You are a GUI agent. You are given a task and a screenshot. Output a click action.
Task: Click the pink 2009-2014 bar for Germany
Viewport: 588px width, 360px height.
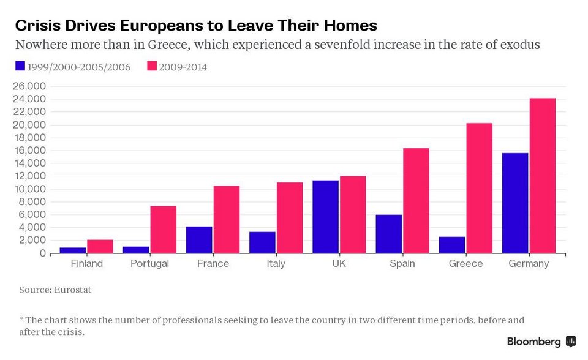pyautogui.click(x=542, y=176)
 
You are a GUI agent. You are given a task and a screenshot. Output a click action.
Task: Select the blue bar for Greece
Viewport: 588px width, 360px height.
pyautogui.click(x=452, y=245)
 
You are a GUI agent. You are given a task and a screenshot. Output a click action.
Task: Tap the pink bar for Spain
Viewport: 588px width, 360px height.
pyautogui.click(x=416, y=200)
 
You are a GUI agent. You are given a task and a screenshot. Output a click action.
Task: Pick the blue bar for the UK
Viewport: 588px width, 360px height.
pyautogui.click(x=325, y=217)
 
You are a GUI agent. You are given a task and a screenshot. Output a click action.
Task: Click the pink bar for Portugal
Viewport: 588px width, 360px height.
pyautogui.click(x=163, y=230)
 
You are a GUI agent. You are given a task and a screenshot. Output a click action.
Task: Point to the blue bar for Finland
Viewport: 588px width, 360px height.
pyautogui.click(x=73, y=250)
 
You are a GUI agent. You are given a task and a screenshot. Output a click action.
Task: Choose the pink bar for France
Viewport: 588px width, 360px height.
pyautogui.click(x=226, y=219)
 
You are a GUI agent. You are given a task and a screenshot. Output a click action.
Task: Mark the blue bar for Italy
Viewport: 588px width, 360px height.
pyautogui.click(x=262, y=242)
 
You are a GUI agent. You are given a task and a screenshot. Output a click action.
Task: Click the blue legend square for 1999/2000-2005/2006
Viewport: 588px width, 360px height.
pyautogui.click(x=20, y=66)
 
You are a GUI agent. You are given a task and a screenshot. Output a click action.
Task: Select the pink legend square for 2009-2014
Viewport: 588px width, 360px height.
pyautogui.click(x=151, y=66)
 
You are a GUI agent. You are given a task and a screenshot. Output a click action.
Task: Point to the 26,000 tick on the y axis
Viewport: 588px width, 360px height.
pyautogui.click(x=29, y=86)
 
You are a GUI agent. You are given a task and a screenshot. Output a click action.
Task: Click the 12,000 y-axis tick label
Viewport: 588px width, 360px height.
pyautogui.click(x=29, y=176)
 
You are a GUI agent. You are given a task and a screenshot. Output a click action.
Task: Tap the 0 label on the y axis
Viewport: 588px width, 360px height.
pyautogui.click(x=42, y=253)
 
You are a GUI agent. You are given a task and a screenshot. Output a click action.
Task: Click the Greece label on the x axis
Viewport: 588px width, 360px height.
pyautogui.click(x=466, y=264)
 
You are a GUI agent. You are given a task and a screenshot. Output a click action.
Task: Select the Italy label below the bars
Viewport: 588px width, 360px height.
pyautogui.click(x=276, y=264)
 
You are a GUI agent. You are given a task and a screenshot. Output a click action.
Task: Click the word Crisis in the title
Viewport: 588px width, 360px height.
pyautogui.click(x=36, y=26)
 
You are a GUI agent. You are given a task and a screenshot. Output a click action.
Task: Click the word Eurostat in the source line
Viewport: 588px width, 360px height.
pyautogui.click(x=72, y=290)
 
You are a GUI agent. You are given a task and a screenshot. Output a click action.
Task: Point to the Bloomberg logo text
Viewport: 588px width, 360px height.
pyautogui.click(x=533, y=341)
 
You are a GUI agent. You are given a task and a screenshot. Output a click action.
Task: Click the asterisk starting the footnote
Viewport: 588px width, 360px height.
pyautogui.click(x=21, y=320)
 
